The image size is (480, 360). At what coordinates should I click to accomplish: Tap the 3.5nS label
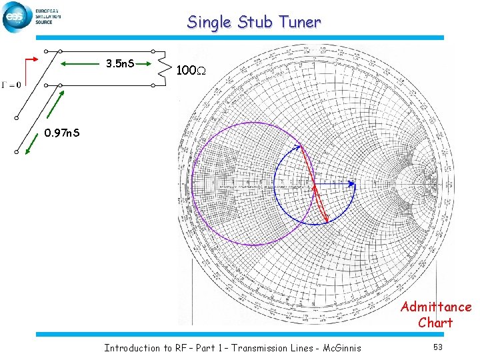pyautogui.click(x=121, y=64)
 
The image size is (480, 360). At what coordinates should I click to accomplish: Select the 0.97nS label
pyautogui.click(x=62, y=133)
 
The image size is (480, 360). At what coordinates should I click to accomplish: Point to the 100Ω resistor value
pyautogui.click(x=189, y=69)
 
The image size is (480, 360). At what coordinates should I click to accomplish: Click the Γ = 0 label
pyautogui.click(x=11, y=84)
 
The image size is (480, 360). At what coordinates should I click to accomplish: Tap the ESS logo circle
pyautogui.click(x=16, y=17)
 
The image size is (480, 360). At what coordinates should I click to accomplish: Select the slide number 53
pyautogui.click(x=437, y=347)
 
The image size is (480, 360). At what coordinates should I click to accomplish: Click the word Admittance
pyautogui.click(x=435, y=307)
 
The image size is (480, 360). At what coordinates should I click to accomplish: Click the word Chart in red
pyautogui.click(x=435, y=323)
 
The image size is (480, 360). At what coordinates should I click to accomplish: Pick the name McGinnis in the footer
pyautogui.click(x=337, y=347)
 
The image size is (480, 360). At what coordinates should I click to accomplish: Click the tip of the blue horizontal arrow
pyautogui.click(x=355, y=183)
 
